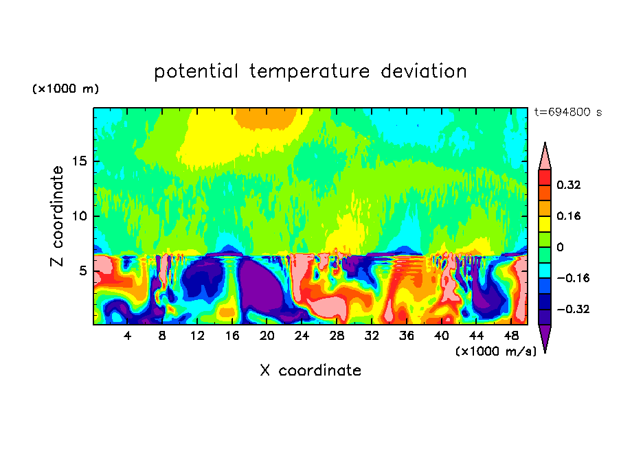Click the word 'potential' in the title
[x=197, y=71]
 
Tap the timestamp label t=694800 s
[x=567, y=113]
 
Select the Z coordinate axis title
[x=57, y=216]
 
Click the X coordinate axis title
[x=310, y=371]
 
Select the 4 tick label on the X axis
[x=128, y=336]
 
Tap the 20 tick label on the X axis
[x=267, y=336]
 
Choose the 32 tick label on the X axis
[x=372, y=336]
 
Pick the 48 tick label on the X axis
[x=511, y=336]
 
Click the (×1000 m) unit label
[x=65, y=89]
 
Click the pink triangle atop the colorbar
[x=545, y=157]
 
